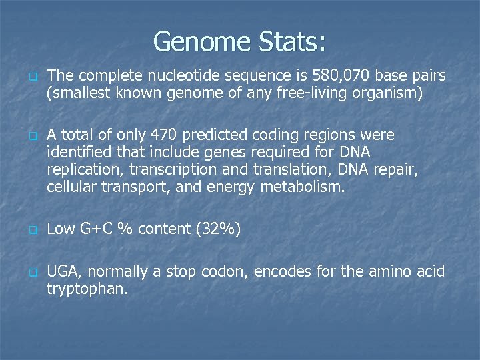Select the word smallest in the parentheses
(x=79, y=93)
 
